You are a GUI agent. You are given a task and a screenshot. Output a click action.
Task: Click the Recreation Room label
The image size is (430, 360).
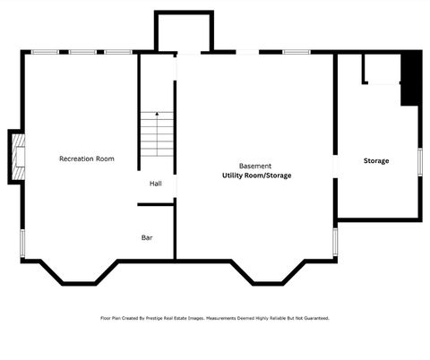pyautogui.click(x=87, y=159)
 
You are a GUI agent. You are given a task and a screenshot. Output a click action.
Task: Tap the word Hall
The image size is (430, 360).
pyautogui.click(x=156, y=184)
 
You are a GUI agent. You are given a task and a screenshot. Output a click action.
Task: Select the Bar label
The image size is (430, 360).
pyautogui.click(x=147, y=237)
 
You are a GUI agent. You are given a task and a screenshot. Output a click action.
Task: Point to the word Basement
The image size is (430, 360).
pyautogui.click(x=255, y=167)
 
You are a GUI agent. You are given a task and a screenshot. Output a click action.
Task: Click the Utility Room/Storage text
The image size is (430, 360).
pyautogui.click(x=256, y=176)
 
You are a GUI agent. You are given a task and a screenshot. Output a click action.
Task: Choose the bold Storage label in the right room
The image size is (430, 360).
pyautogui.click(x=376, y=160)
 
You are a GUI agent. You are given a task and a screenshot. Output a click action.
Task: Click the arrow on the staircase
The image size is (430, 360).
pyautogui.click(x=158, y=116)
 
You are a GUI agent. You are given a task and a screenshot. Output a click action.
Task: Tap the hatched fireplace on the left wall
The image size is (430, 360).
pyautogui.click(x=18, y=157)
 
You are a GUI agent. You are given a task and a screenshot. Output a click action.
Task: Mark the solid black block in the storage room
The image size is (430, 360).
pyautogui.click(x=411, y=79)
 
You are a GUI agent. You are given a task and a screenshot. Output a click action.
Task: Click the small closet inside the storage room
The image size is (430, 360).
pyautogui.click(x=381, y=69)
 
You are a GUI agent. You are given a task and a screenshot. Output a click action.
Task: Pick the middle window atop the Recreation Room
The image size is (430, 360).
pyautogui.click(x=82, y=52)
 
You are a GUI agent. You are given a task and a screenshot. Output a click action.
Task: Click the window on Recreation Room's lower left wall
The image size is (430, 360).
pyautogui.click(x=21, y=242)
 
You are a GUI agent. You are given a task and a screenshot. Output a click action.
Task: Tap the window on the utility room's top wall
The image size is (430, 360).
pyautogui.click(x=297, y=52)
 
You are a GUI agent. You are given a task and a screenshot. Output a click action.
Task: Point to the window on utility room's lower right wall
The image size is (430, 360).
pyautogui.click(x=335, y=241)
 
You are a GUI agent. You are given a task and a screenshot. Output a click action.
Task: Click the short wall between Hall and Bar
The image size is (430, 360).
pyautogui.click(x=155, y=205)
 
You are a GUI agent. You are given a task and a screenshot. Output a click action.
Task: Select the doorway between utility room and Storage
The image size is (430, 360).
pyautogui.click(x=335, y=167)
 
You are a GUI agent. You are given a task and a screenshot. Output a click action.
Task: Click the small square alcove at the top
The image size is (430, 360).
pyautogui.click(x=184, y=33)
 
